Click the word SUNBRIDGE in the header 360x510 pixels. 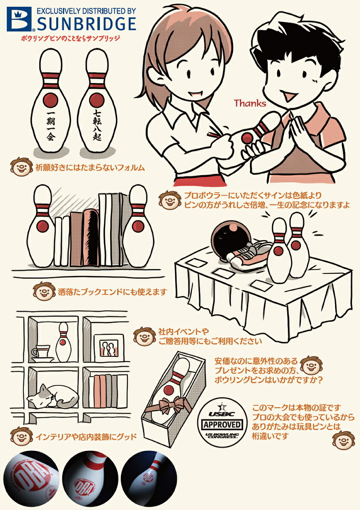[86, 23]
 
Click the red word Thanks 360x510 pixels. [250, 103]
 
